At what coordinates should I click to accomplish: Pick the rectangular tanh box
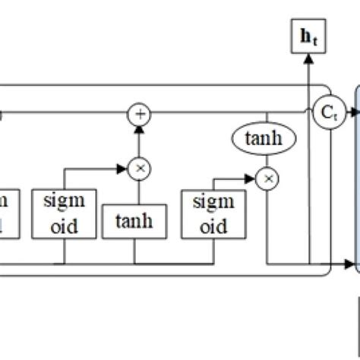click(134, 222)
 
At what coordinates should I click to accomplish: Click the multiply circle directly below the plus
click(139, 168)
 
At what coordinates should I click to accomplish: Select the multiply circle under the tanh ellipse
click(267, 179)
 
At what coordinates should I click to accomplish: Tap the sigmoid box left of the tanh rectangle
click(64, 214)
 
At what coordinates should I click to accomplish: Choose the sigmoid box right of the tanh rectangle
click(213, 214)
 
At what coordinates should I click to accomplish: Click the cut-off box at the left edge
click(5, 214)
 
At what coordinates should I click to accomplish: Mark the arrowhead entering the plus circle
click(139, 128)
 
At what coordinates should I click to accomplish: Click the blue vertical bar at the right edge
click(357, 182)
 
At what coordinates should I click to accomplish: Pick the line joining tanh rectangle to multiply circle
click(139, 192)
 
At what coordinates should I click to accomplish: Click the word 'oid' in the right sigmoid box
click(213, 226)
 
